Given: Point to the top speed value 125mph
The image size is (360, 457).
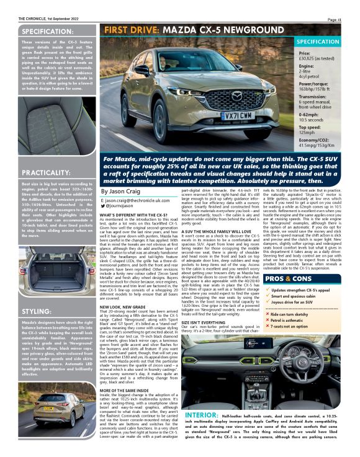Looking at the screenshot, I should pos(310,131).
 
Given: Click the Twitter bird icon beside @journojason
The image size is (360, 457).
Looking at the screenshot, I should pos(104,206).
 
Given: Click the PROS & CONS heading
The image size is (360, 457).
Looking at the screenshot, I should pos(288,262).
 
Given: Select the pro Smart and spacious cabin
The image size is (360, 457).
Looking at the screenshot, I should pos(295,280).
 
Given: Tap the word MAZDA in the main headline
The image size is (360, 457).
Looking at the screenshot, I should pos(184,29).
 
